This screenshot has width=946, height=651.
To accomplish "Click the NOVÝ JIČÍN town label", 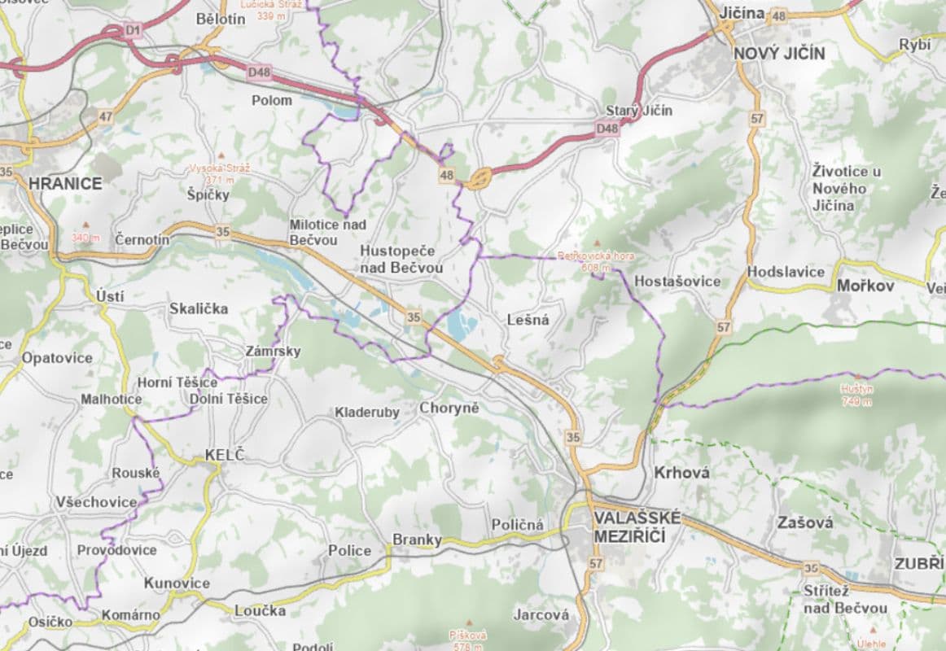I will point(779,54).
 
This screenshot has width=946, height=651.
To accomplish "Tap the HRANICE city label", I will point(65,183).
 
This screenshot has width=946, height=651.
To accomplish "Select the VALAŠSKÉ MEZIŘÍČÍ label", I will point(630,526).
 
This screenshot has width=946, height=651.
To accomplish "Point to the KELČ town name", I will point(224,455).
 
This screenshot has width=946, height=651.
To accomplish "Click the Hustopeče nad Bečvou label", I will point(401,259).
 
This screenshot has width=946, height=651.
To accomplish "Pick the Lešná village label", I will point(528,320).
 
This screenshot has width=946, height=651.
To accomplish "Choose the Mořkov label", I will point(865,286).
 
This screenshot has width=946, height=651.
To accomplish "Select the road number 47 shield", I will point(105,117).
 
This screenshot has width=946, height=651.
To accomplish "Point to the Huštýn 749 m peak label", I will point(856,394).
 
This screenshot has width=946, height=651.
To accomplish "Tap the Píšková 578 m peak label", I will point(467,640).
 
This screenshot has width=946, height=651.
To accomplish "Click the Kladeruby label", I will point(367,413).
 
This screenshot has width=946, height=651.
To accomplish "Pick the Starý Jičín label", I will point(639,110).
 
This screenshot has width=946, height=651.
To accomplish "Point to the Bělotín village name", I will point(221,19).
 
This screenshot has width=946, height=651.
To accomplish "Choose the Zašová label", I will point(805,522).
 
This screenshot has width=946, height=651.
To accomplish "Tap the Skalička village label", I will point(199,308).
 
